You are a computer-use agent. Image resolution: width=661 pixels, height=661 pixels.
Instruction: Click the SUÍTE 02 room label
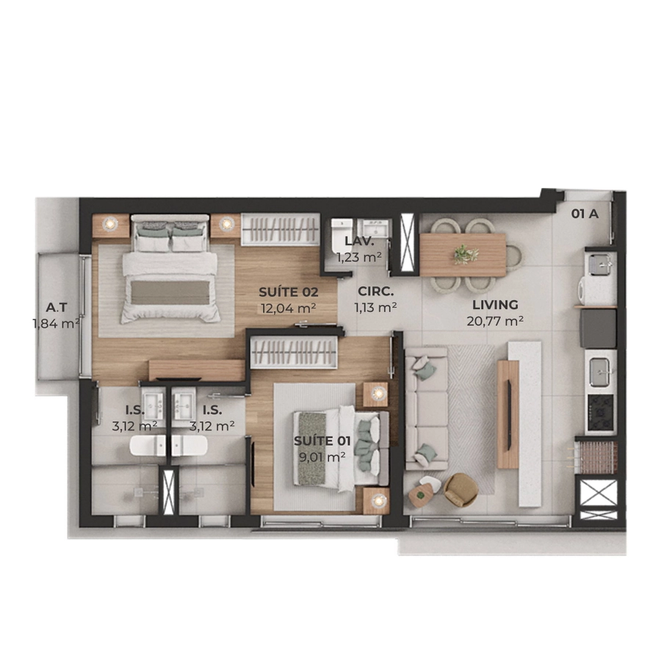pyautogui.click(x=289, y=292)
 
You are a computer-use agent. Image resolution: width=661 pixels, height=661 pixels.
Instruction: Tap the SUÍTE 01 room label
pyautogui.click(x=322, y=441)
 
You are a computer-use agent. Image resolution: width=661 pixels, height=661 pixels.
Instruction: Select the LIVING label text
pyautogui.click(x=495, y=304)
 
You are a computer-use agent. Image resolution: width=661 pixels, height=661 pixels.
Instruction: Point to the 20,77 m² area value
pyautogui.click(x=495, y=321)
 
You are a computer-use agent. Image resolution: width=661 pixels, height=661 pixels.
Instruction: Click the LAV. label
pyautogui.click(x=359, y=241)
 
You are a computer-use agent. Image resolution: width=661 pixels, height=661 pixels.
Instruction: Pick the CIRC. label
pyautogui.click(x=375, y=292)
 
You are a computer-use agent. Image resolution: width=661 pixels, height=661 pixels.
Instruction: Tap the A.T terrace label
pyautogui.click(x=57, y=308)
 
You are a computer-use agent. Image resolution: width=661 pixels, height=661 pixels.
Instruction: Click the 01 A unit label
pyautogui.click(x=585, y=214)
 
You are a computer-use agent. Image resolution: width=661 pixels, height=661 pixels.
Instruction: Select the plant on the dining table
pyautogui.click(x=466, y=254)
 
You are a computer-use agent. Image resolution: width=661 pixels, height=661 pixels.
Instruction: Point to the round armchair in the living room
pyautogui.click(x=460, y=490)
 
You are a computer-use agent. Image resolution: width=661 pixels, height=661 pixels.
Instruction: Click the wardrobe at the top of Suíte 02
pyautogui.click(x=280, y=229)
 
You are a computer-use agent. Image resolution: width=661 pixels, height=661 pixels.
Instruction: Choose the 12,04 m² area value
pyautogui.click(x=289, y=308)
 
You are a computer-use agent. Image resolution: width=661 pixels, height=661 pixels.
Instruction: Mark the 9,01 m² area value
pyautogui.click(x=322, y=457)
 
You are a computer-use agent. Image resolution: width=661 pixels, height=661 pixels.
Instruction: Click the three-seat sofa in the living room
pyautogui.click(x=426, y=408)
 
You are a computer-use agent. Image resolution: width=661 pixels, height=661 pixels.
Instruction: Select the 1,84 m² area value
pyautogui.click(x=57, y=324)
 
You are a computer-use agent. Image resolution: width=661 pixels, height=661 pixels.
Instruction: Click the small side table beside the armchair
pyautogui.click(x=420, y=496)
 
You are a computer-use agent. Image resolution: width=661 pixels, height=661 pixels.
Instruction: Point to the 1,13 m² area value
pyautogui.click(x=375, y=308)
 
